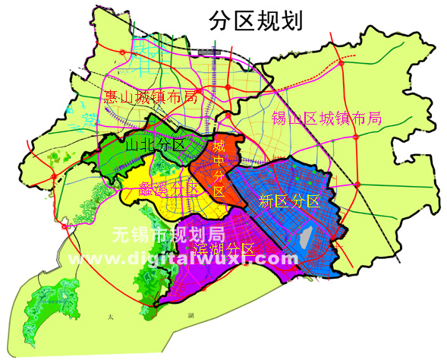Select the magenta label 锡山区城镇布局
pyautogui.click(x=326, y=118)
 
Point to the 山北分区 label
pyautogui.click(x=156, y=144)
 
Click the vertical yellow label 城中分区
pyautogui.click(x=219, y=168)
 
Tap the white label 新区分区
pyautogui.click(x=288, y=201)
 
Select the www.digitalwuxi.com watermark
pyautogui.click(x=184, y=258)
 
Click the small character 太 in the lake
pyautogui.click(x=110, y=317)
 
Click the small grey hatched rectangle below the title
pyautogui.click(x=207, y=52)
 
